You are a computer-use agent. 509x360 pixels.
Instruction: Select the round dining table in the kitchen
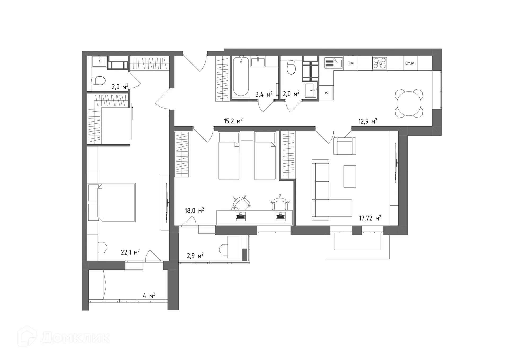coord(409,104)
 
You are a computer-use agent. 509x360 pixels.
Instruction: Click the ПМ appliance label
coord(350,63)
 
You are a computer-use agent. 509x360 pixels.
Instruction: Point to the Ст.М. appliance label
coord(410,63)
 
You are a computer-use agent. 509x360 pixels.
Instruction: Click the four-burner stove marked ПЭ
coord(379,63)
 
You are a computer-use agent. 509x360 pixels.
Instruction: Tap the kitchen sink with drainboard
coord(334,63)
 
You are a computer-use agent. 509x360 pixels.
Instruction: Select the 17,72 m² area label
coord(370,218)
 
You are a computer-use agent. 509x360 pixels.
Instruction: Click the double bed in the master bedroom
coord(116,202)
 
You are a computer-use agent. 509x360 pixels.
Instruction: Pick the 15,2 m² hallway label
coord(233,121)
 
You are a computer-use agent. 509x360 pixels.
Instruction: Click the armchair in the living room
coord(344,146)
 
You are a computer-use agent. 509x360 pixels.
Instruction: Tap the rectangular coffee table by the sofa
coord(350,176)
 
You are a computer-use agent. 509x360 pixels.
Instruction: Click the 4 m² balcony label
coord(149,296)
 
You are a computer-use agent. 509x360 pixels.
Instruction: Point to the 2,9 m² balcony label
coord(195,256)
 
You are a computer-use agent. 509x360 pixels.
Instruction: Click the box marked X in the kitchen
coord(326,93)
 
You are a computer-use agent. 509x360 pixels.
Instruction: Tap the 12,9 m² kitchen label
coord(367,121)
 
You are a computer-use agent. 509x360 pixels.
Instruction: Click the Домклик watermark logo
coord(64,337)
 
